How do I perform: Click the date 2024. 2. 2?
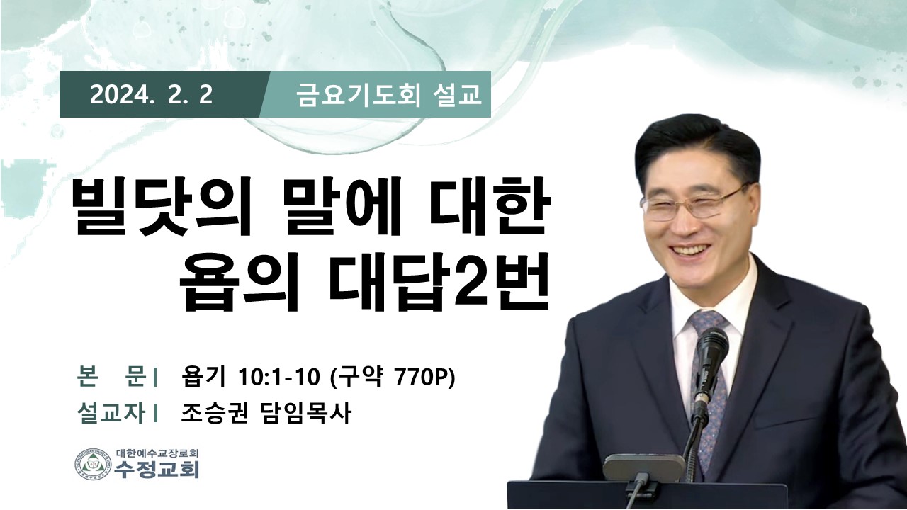click(151, 96)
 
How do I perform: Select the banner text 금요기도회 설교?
click(389, 96)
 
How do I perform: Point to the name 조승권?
click(214, 413)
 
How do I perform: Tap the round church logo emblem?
click(93, 465)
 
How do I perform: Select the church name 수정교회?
click(157, 470)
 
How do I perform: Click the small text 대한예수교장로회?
click(157, 453)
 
